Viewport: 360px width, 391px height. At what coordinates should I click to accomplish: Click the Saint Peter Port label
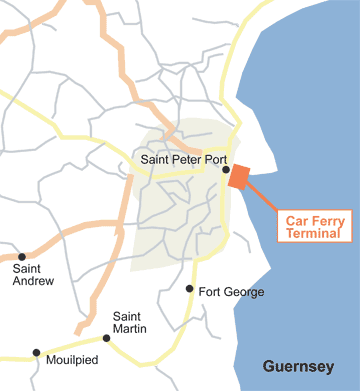click(x=183, y=159)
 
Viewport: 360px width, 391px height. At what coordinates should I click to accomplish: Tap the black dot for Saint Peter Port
click(x=225, y=170)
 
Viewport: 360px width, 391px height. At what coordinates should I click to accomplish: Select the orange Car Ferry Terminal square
click(x=238, y=177)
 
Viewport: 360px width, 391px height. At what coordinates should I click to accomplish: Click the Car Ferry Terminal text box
click(x=313, y=225)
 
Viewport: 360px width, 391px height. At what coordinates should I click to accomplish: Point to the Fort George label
click(x=231, y=292)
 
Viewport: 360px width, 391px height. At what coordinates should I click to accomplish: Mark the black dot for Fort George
click(x=189, y=289)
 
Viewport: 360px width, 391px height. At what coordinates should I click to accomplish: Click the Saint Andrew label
click(x=33, y=274)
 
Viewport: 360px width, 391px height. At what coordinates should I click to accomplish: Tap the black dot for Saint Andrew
click(x=22, y=256)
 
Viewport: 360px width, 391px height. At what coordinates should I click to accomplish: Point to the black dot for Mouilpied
click(x=37, y=352)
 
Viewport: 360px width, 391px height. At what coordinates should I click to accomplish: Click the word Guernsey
click(x=298, y=367)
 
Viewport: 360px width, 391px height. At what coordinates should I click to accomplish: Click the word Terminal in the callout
click(x=313, y=233)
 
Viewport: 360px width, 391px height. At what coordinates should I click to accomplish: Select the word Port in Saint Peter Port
click(x=214, y=159)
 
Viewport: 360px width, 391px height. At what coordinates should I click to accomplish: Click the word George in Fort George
click(x=245, y=292)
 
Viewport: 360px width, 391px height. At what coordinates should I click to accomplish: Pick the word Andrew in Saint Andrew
click(x=33, y=281)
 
